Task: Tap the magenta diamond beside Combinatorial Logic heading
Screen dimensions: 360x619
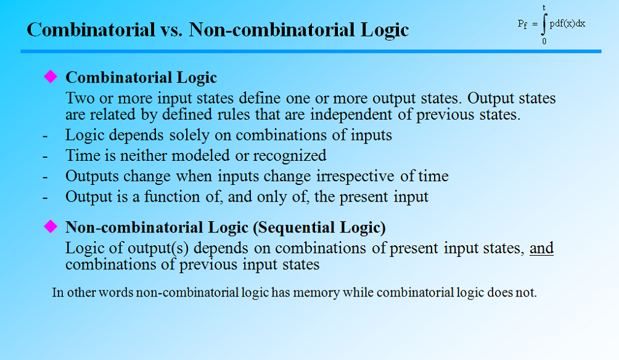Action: tap(50, 76)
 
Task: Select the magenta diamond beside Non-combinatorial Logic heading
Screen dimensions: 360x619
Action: tap(50, 227)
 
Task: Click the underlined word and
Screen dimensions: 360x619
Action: tap(541, 248)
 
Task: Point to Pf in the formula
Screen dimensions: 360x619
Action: tap(523, 24)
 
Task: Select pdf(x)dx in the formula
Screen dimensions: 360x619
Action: tap(567, 23)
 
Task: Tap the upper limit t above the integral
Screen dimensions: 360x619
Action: tap(544, 7)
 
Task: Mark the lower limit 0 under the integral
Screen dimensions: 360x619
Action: tap(544, 41)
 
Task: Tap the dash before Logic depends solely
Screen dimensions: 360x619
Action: tap(46, 135)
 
